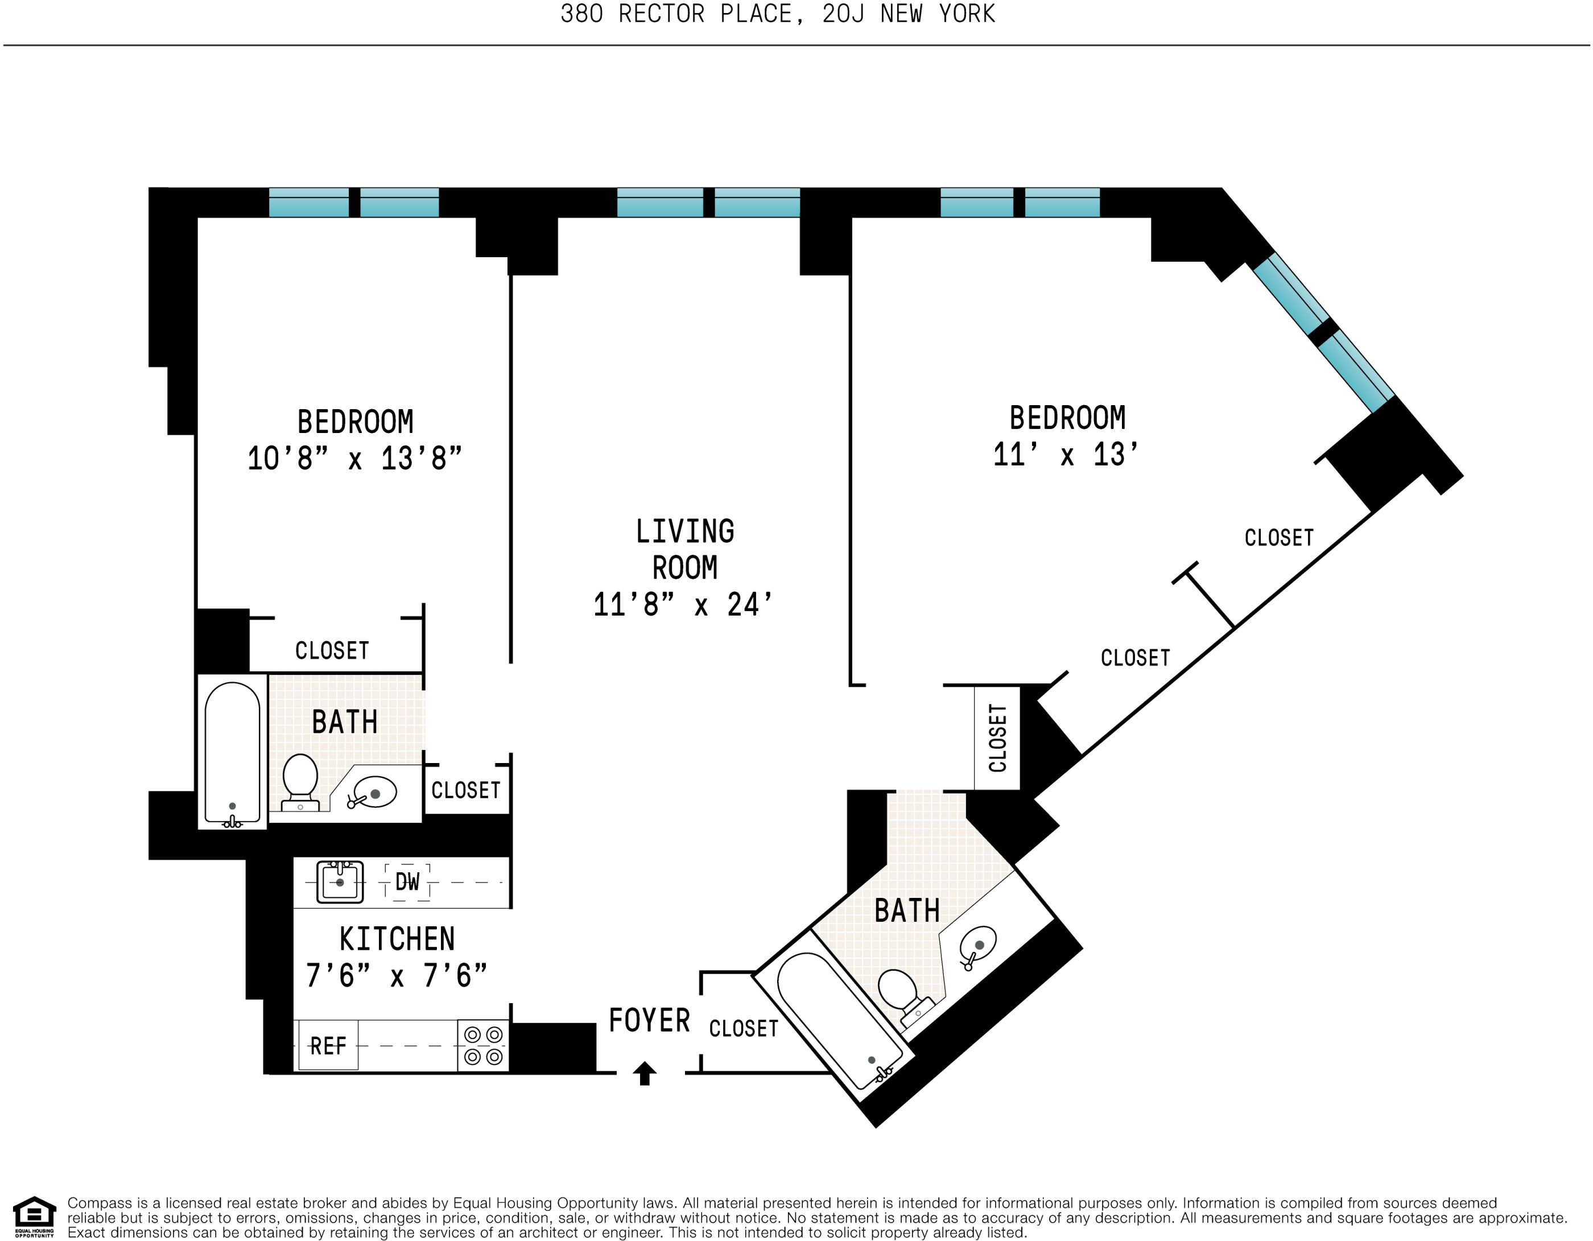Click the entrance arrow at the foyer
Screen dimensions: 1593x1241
pos(644,1073)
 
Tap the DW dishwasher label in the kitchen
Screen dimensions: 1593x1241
pos(407,882)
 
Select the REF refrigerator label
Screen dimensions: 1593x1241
pos(328,1046)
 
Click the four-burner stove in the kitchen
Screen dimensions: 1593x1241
pos(483,1045)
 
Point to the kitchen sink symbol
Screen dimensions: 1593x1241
pos(340,881)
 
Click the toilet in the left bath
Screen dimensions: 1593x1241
pos(300,782)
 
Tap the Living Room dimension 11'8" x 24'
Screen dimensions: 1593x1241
pos(683,605)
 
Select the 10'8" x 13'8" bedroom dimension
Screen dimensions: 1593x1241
pos(354,459)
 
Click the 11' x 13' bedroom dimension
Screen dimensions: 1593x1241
pos(1066,455)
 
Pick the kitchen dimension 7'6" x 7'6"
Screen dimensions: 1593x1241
pos(396,975)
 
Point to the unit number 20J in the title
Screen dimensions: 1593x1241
pos(843,14)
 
